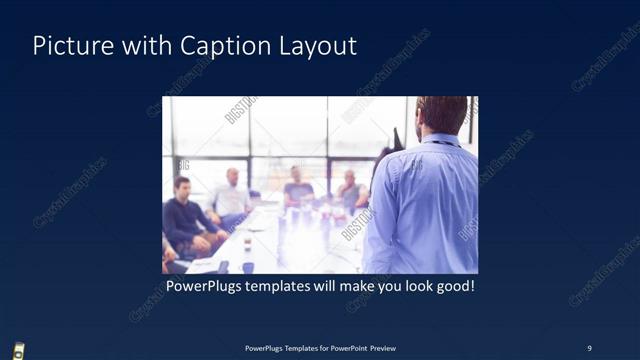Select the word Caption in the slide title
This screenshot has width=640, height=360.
tap(216, 46)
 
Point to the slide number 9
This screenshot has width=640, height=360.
tap(589, 347)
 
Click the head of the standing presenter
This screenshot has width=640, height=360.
tap(440, 113)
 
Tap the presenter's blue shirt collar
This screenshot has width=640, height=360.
tap(438, 139)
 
